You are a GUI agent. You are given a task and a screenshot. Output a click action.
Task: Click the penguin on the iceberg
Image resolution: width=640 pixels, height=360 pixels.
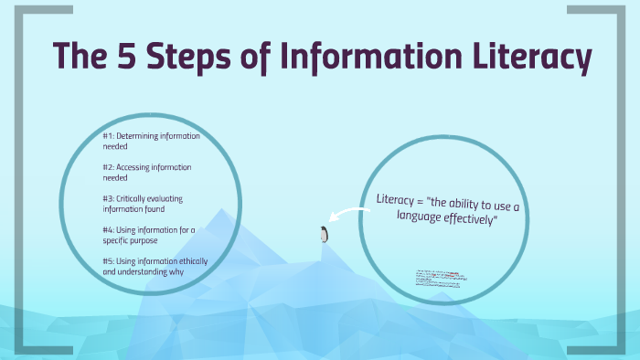[x=323, y=234]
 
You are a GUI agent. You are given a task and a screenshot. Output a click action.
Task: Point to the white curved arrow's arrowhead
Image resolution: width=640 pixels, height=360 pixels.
[x=335, y=219]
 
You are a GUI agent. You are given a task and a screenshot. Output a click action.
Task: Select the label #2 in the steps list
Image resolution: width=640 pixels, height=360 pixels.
[x=107, y=167]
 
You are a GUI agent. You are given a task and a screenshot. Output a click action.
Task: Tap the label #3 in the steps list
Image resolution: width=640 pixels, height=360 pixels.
[x=108, y=198]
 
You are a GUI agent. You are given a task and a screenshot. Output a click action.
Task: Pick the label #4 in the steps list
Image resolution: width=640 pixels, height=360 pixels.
[x=108, y=230]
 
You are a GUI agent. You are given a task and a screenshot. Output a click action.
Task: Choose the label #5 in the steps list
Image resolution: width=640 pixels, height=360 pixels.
[x=108, y=261]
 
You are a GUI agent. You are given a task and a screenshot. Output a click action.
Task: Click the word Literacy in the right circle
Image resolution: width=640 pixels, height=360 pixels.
[x=396, y=198]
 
